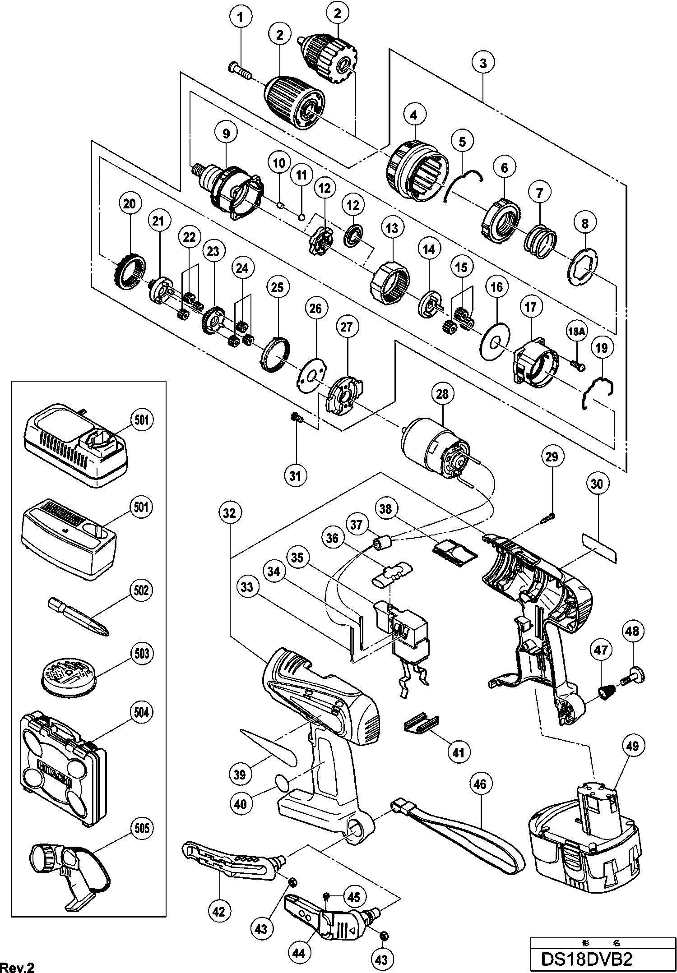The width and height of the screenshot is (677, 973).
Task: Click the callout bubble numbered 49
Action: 632,746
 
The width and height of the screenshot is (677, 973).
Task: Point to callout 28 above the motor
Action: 442,394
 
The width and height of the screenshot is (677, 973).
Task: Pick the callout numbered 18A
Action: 576,332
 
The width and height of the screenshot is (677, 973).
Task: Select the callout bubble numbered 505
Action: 141,827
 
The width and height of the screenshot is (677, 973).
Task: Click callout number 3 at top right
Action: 483,63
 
